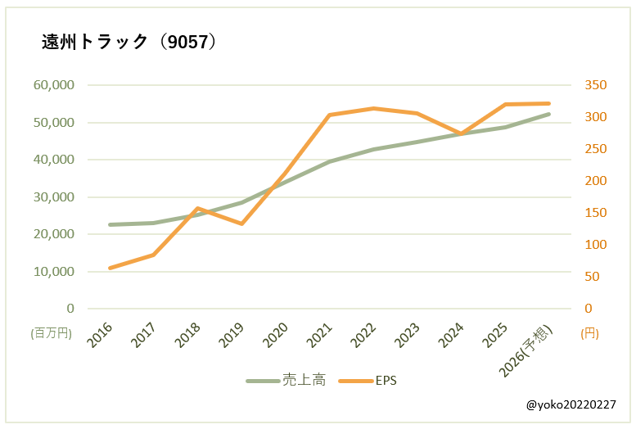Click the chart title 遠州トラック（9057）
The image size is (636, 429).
[129, 43]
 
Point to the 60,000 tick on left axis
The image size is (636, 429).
[54, 85]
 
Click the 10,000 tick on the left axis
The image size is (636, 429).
[54, 271]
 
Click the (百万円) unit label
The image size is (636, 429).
[52, 333]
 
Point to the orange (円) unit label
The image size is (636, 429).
[589, 333]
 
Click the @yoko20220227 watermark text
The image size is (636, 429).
[571, 405]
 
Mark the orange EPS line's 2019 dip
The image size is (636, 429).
[241, 224]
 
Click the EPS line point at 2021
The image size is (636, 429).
[329, 115]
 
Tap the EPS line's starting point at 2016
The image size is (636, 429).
[110, 268]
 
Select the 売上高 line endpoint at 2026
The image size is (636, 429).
[548, 114]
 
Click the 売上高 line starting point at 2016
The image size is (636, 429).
[110, 224]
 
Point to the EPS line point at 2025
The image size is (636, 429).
[505, 105]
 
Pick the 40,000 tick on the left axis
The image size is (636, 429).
[54, 160]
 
